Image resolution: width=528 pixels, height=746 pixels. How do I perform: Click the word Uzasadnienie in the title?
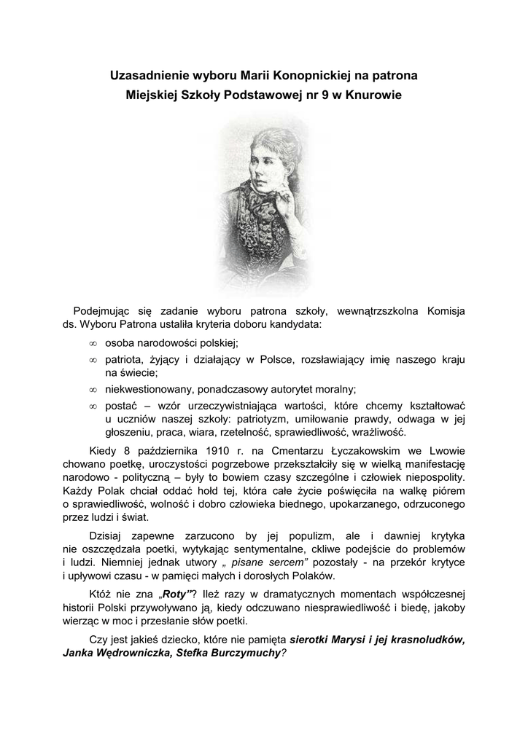pos(144,74)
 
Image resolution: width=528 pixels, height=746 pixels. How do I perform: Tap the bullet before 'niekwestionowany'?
pos(93,389)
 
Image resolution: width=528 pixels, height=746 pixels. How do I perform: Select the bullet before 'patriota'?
pos(93,360)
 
